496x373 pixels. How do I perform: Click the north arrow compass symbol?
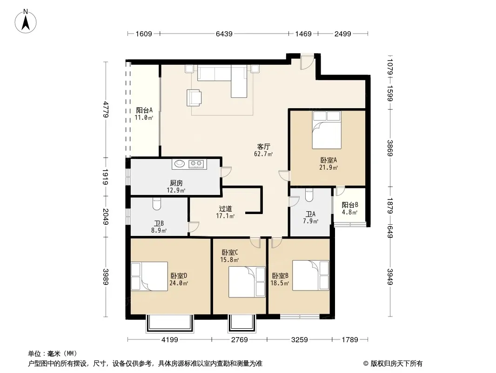tap(26, 21)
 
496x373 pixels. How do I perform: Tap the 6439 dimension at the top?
tap(224, 34)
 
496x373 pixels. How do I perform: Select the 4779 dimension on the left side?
tap(106, 109)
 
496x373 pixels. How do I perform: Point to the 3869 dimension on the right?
tap(390, 148)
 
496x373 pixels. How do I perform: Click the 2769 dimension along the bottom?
tap(240, 340)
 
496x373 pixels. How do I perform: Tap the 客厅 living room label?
tap(263, 147)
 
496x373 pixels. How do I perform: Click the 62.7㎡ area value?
tap(263, 154)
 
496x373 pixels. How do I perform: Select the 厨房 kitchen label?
tap(176, 183)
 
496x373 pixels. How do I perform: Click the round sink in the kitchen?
tap(180, 164)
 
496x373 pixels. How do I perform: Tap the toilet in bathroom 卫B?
tap(157, 204)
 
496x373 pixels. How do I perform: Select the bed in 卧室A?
tap(327, 130)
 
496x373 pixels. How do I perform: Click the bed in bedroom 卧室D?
tap(149, 276)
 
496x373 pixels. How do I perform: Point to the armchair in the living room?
tap(194, 97)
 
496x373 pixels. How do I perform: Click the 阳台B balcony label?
tap(350, 205)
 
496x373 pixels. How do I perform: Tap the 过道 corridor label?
tap(226, 208)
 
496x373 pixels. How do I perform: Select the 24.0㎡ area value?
tap(179, 283)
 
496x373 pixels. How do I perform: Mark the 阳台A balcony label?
tap(144, 110)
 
